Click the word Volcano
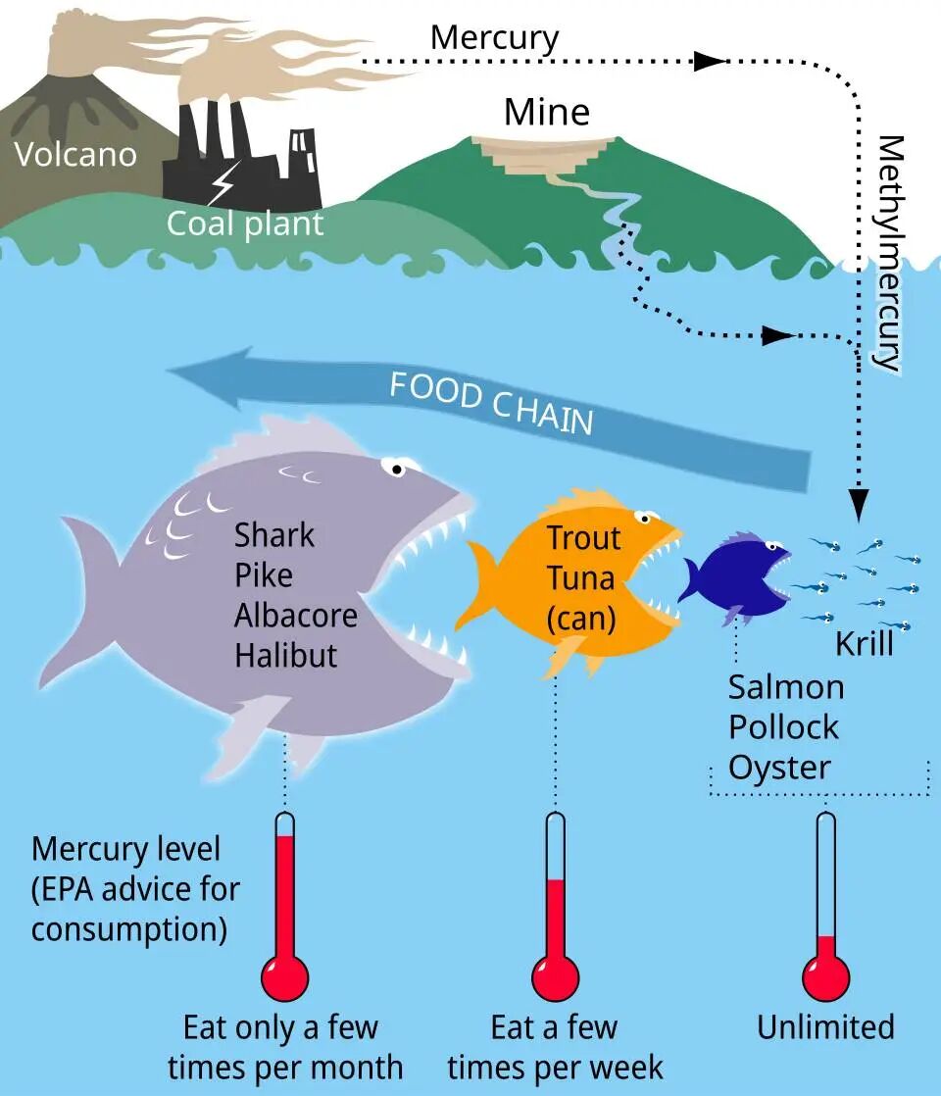click(x=75, y=154)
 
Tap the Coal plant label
click(x=244, y=223)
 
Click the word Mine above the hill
click(x=547, y=112)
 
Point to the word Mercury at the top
click(x=494, y=38)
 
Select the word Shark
click(x=274, y=535)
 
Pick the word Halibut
click(x=286, y=654)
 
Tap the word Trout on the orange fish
click(x=583, y=537)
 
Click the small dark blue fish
click(x=735, y=578)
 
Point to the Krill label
click(x=864, y=644)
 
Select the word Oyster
click(x=779, y=766)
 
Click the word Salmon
click(x=785, y=686)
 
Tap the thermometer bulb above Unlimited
click(x=825, y=975)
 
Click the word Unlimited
click(x=825, y=1026)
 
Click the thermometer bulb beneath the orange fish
click(x=555, y=975)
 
